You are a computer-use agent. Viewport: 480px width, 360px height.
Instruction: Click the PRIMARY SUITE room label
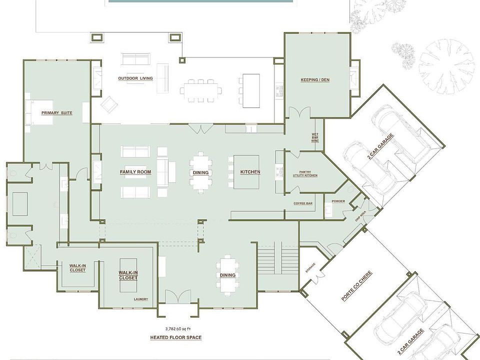[56, 113]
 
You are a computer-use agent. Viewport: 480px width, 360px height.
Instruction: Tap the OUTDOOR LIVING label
[135, 78]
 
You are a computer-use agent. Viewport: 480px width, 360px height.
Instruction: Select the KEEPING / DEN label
[314, 80]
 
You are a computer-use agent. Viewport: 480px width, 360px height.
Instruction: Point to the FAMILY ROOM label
[135, 172]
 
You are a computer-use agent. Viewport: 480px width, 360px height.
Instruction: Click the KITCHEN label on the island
[250, 172]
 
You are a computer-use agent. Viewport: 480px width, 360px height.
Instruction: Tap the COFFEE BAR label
[303, 203]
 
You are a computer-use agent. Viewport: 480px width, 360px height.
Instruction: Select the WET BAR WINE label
[315, 138]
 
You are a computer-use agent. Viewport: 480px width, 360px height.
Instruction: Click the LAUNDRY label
[140, 299]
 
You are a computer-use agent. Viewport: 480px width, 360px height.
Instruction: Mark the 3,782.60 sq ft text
[175, 328]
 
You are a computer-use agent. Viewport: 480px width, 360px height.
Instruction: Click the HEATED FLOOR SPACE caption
[175, 337]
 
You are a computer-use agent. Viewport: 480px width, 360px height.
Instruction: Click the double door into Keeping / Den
[300, 112]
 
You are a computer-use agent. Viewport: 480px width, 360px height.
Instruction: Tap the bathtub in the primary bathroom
[20, 203]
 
